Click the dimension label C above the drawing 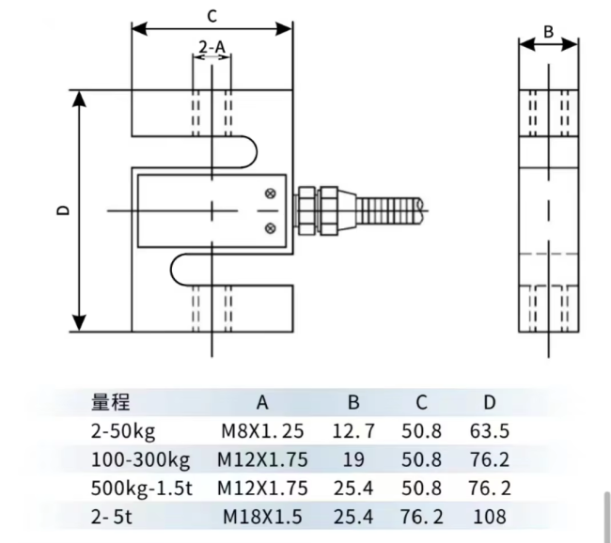click(211, 16)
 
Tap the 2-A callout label click(212, 47)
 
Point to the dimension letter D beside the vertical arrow click(63, 209)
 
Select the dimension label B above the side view click(548, 32)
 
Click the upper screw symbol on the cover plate click(271, 194)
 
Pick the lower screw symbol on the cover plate click(271, 228)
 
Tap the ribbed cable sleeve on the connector click(389, 210)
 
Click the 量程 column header click(111, 402)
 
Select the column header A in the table click(262, 402)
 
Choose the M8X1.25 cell click(262, 431)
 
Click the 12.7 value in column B click(353, 431)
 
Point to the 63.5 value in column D click(490, 431)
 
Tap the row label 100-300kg click(141, 460)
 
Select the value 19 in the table click(353, 460)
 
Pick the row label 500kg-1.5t click(142, 489)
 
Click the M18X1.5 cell click(262, 517)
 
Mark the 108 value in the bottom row click(490, 517)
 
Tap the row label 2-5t click(112, 517)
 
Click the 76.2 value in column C click(422, 517)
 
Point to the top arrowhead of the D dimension click(80, 99)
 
